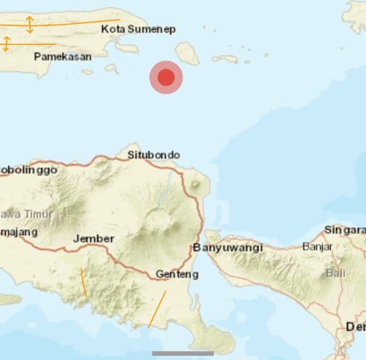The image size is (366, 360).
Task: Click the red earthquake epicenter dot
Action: point(166,77)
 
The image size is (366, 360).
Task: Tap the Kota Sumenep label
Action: point(138,29)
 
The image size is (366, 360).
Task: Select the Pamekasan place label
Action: point(63,56)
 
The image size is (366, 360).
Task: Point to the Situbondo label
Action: point(153,155)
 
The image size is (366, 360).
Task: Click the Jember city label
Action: point(94,239)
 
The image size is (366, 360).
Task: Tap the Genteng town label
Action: point(177,274)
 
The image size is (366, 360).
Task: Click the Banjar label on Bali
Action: point(317,247)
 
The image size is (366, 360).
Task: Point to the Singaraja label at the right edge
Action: point(345,230)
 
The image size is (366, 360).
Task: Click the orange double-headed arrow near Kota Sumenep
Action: point(30,25)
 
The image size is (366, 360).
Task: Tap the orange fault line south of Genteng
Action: point(158,309)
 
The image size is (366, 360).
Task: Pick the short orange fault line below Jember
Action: point(83,282)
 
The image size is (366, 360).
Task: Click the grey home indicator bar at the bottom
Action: point(182,353)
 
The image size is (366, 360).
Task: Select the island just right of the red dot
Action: point(187,52)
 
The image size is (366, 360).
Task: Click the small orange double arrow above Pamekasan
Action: point(6,44)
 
